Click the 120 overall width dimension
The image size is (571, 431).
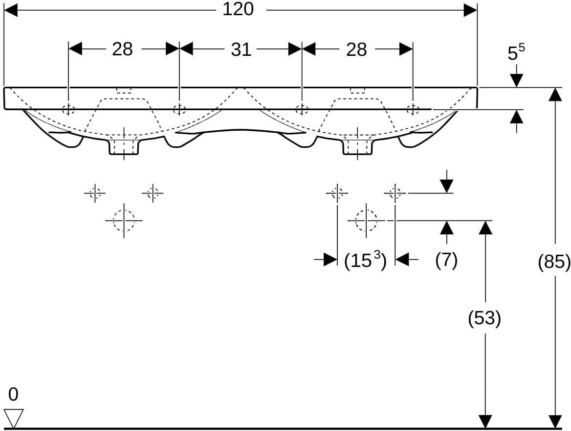point(238,9)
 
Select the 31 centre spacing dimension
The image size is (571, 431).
point(241,49)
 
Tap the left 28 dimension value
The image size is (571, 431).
point(122,49)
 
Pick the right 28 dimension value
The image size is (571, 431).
point(356,49)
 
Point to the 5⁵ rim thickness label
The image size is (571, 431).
point(516,53)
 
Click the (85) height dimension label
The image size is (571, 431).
point(554,262)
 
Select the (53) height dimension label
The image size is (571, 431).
point(484,318)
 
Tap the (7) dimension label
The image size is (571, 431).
point(446,260)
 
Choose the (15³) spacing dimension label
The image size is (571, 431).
point(365,261)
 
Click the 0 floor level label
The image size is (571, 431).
point(13,394)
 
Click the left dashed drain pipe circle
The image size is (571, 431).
point(124,220)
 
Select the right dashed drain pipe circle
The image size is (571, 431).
point(366,220)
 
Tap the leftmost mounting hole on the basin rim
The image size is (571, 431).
point(68,109)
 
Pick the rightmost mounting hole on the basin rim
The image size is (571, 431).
point(413,109)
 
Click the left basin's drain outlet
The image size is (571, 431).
point(124,145)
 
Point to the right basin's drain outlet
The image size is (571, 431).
point(357,145)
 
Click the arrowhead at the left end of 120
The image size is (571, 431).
point(10,11)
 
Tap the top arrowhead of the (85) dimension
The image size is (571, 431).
point(555,94)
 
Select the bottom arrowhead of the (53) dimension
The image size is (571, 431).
point(484,421)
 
